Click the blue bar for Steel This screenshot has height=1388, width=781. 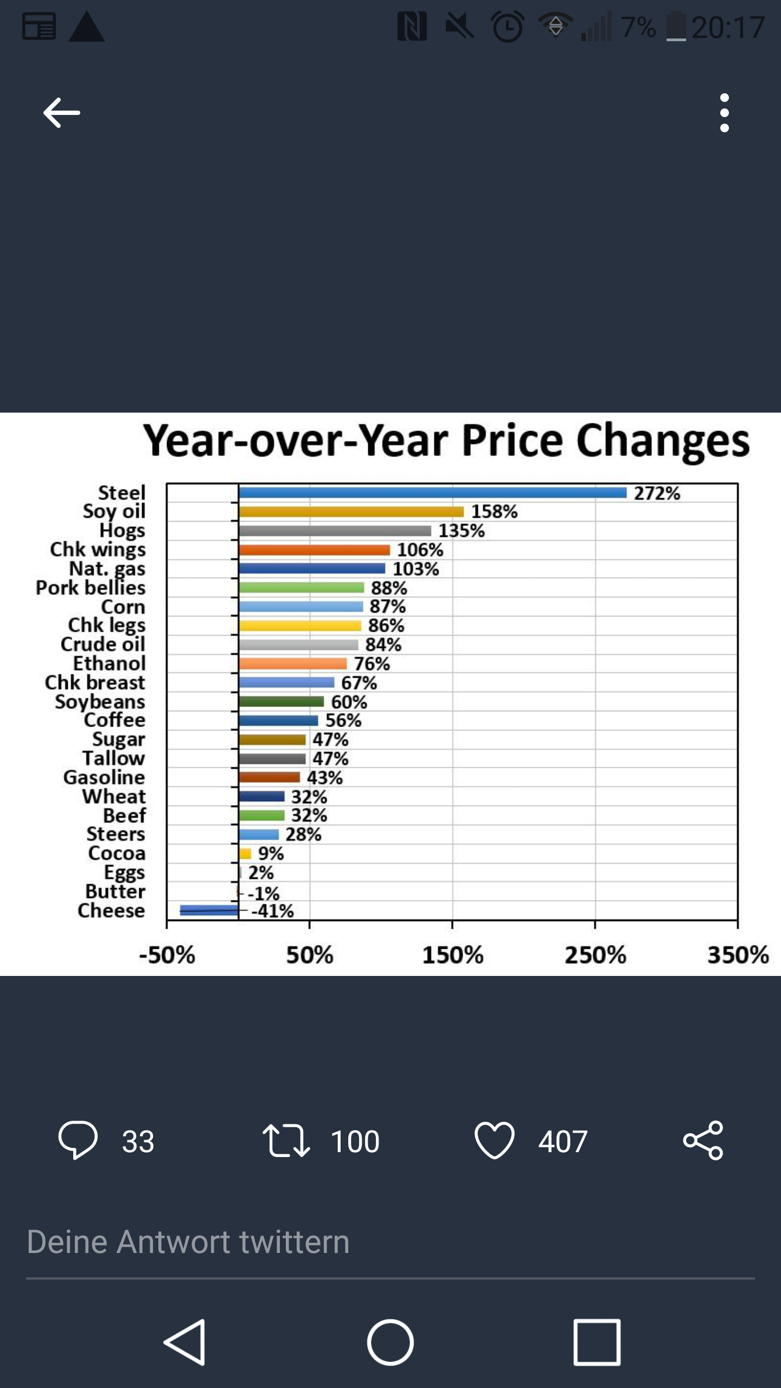432,492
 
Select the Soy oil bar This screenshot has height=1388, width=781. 351,511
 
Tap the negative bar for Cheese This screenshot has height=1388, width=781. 209,910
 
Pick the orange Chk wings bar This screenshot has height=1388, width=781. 314,550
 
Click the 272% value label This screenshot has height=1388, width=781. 657,493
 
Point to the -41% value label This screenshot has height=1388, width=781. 272,911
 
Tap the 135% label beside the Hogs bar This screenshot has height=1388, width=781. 461,530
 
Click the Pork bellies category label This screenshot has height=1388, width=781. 91,588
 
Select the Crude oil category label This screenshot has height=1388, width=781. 103,645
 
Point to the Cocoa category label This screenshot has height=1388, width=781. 117,853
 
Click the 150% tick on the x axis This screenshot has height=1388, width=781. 452,955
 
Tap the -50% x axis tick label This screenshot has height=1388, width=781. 167,955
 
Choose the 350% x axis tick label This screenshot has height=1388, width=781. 738,955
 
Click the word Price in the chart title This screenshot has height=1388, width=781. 512,440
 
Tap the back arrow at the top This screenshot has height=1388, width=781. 62,113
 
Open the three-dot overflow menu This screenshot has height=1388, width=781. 725,113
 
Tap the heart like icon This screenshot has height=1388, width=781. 494,1140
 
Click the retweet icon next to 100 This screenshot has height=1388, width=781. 286,1140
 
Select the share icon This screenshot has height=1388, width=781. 703,1140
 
